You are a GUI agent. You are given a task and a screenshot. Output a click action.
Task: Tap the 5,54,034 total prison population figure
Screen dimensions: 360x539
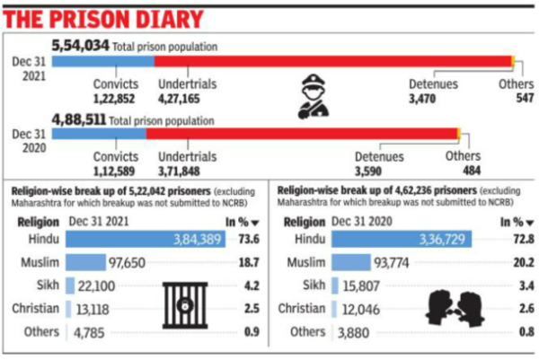[84, 45]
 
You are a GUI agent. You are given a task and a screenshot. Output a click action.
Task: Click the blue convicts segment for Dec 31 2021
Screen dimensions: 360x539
[102, 61]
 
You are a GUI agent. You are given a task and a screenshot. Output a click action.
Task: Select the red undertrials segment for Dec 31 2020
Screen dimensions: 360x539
[301, 134]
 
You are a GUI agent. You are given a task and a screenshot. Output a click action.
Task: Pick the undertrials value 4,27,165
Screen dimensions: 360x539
[181, 97]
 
